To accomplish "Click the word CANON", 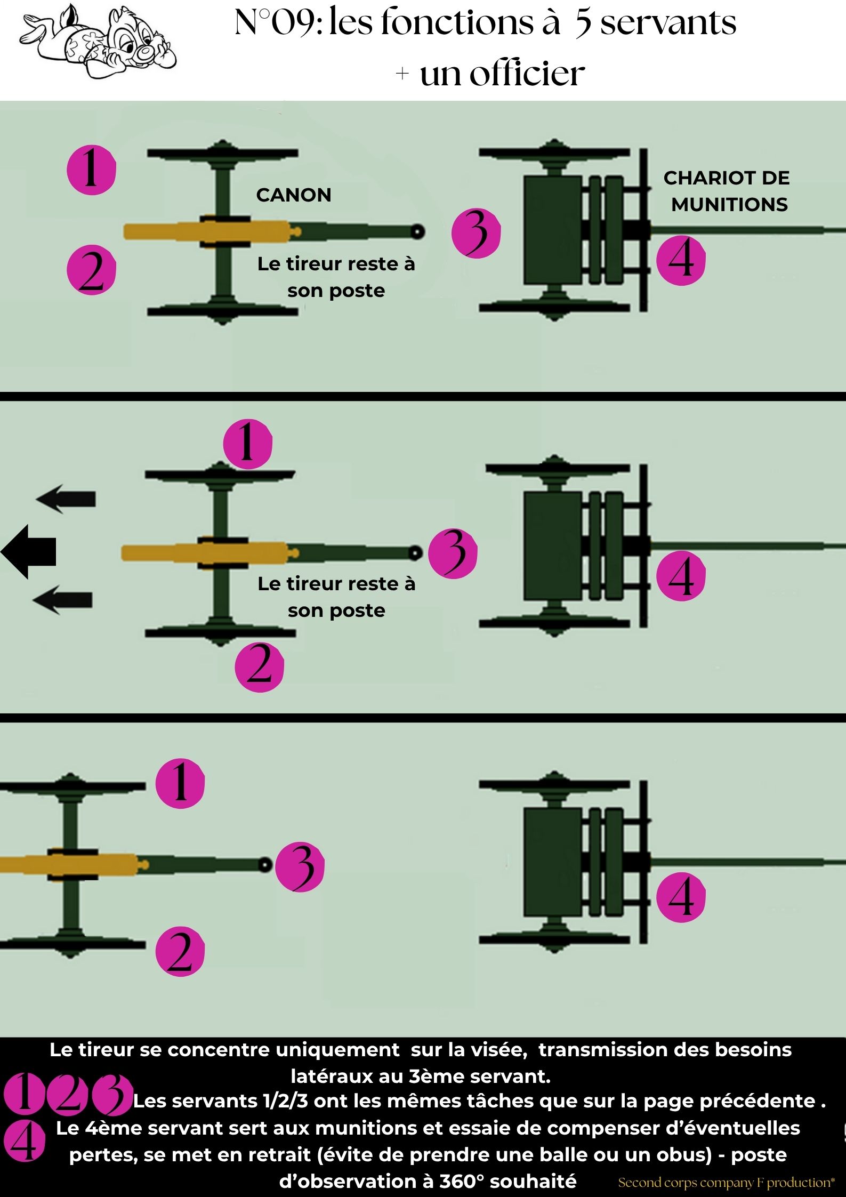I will [x=294, y=195].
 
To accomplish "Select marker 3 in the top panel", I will [x=476, y=233].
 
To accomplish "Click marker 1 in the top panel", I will [x=91, y=170].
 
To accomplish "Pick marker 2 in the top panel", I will [x=91, y=270].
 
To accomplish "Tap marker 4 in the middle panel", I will [x=681, y=576].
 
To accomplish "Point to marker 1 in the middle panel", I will [x=247, y=444].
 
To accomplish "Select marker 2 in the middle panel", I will [x=260, y=667].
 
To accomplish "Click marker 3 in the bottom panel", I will [x=300, y=867].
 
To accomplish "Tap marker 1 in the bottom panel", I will [x=180, y=783].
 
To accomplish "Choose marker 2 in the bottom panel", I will [x=180, y=952].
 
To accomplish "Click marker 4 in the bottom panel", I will [x=681, y=897].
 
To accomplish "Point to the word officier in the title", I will [x=527, y=74].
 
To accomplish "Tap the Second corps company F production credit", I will [x=726, y=1183].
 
